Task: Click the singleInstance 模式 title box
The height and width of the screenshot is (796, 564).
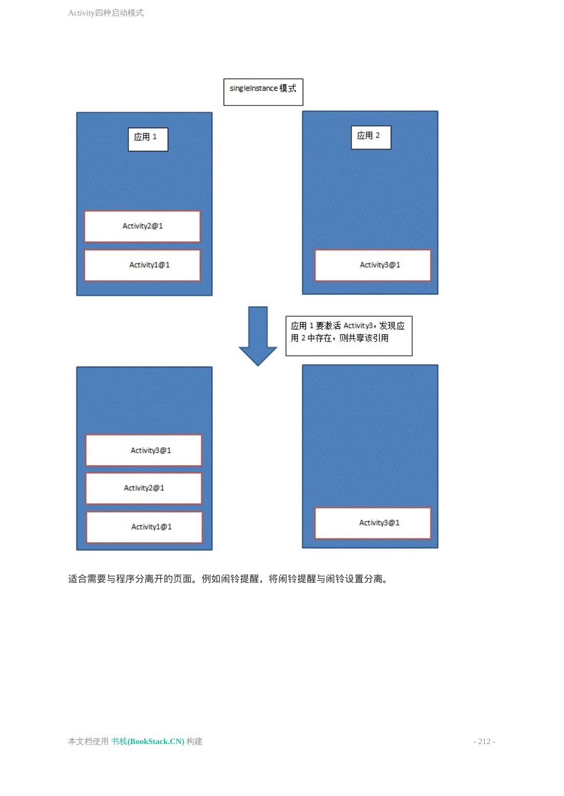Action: [x=263, y=92]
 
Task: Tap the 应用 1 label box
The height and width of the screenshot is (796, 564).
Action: [x=148, y=139]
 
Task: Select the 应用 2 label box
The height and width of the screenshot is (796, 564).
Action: [x=371, y=137]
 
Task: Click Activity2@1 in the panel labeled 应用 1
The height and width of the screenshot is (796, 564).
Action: [x=142, y=226]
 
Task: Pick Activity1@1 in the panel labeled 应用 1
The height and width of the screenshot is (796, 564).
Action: [x=142, y=265]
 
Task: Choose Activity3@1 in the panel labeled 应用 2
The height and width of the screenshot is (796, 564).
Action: [x=372, y=265]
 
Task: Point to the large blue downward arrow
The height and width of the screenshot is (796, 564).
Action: [x=258, y=335]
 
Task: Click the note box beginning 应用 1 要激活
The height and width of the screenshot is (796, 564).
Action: [x=349, y=336]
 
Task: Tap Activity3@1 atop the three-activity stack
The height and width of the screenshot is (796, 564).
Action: [x=144, y=451]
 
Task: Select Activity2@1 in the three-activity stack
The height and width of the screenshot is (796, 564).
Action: [x=144, y=488]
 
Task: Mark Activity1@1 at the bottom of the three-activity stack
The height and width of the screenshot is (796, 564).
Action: [x=144, y=527]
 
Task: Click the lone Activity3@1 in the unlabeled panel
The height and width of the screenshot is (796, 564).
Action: [x=372, y=523]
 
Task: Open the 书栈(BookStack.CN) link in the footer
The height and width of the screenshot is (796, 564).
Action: [x=147, y=741]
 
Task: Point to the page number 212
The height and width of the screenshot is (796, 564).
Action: [x=484, y=741]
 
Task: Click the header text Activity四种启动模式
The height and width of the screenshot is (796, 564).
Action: [x=106, y=13]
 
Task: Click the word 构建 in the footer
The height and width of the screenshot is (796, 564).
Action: [x=194, y=741]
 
